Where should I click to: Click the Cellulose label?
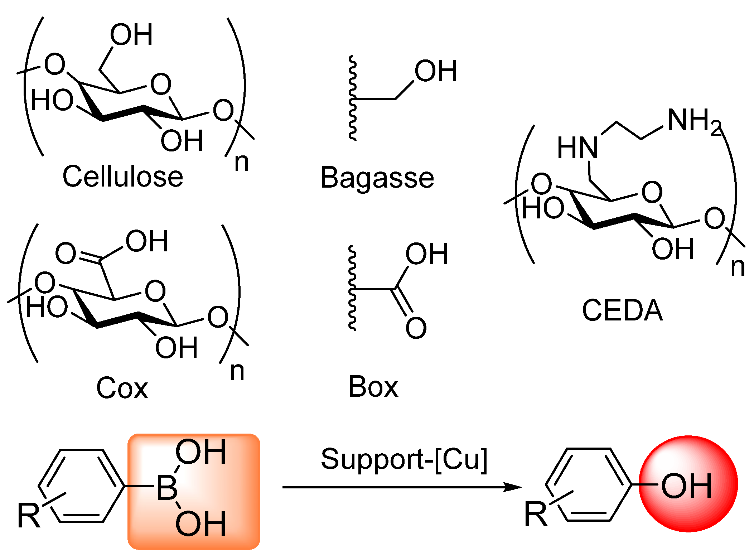(123, 177)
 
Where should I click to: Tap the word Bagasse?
(377, 178)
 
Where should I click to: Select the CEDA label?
(622, 310)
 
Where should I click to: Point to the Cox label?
(122, 388)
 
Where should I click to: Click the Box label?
(373, 387)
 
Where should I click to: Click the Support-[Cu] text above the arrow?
(404, 459)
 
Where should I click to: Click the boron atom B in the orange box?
(167, 488)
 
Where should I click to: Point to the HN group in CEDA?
(577, 148)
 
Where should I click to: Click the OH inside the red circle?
(686, 486)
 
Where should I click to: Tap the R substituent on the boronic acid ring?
(29, 515)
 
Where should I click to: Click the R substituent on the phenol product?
(536, 514)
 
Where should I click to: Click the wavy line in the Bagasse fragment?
(353, 98)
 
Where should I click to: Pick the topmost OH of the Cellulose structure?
(131, 35)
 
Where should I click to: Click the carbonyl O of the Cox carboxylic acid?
(66, 253)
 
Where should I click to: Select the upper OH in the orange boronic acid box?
(201, 452)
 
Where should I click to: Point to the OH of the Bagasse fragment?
(436, 71)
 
